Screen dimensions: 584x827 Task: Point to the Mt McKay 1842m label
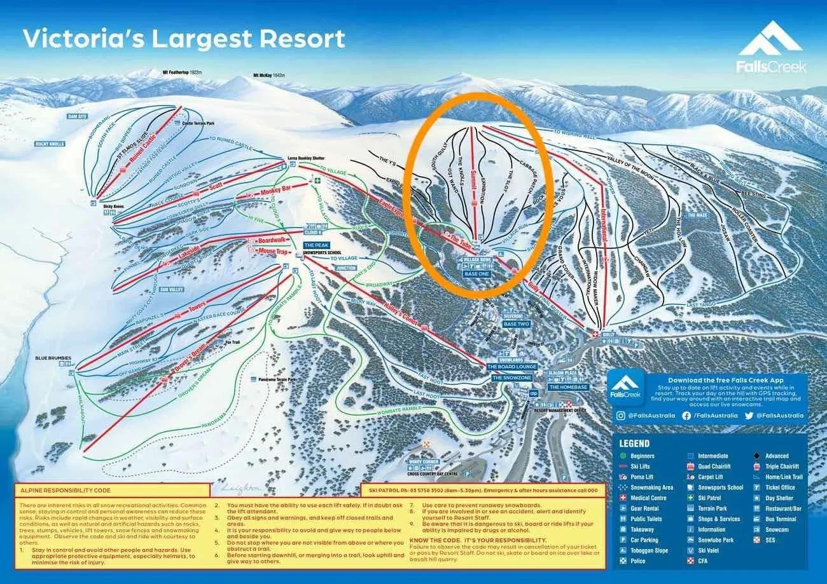270,75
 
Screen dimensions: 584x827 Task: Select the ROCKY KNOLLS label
50,144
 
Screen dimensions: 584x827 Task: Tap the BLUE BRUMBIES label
53,358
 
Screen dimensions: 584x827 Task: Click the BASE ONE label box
478,274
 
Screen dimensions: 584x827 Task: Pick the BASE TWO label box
516,324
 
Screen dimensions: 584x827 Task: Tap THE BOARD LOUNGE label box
512,367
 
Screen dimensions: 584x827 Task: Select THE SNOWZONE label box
511,377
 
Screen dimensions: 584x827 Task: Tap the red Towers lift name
197,309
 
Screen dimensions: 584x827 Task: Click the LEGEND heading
634,444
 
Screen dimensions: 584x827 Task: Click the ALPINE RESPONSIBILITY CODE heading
65,490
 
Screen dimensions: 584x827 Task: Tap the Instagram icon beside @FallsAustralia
620,416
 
